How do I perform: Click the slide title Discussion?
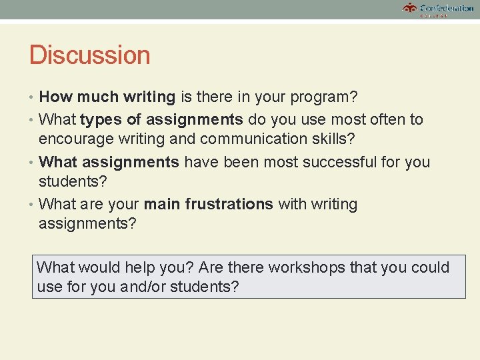coord(89,55)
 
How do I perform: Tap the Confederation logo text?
coord(447,8)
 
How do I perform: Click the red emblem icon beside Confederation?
coord(409,8)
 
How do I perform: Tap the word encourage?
coord(72,139)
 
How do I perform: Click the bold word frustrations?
coord(229,204)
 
